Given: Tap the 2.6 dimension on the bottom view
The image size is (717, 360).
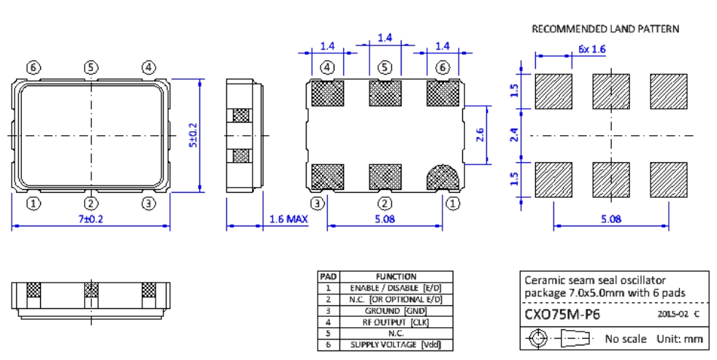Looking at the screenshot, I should pos(478,134).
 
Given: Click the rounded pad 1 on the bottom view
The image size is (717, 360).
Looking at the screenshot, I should pos(442,175).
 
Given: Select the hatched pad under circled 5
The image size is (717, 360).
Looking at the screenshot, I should pos(385,93).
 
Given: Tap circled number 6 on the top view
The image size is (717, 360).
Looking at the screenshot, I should pos(33,68).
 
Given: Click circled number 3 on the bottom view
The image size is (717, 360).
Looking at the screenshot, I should pos(318,203).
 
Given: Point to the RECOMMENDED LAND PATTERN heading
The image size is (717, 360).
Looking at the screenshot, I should pos(605,29).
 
